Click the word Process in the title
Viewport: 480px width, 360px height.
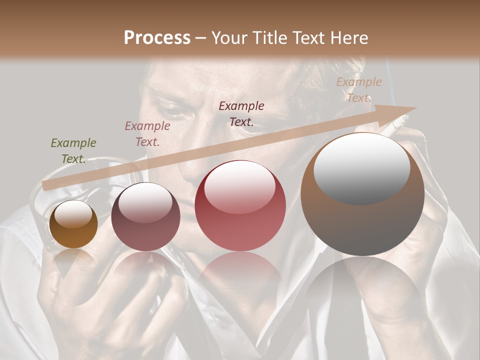tap(157, 37)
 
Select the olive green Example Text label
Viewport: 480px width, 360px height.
tap(73, 151)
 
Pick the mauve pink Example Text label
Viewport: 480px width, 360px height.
tap(147, 134)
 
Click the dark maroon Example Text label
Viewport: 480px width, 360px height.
tap(241, 113)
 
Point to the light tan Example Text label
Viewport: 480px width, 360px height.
tap(358, 90)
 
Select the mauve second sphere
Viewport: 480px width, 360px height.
tap(145, 216)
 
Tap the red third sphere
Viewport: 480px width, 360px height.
tap(240, 205)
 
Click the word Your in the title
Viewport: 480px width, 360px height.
tap(229, 37)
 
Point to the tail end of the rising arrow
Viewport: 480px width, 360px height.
tap(45, 185)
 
